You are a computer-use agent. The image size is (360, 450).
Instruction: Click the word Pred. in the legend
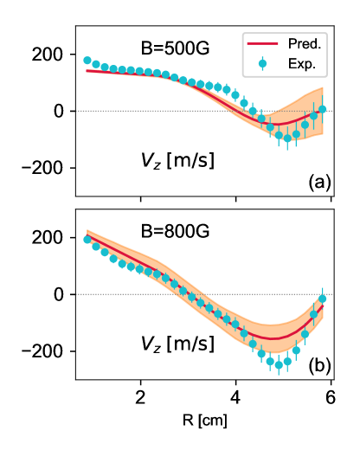tap(305, 43)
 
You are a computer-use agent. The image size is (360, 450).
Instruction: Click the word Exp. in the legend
tap(302, 63)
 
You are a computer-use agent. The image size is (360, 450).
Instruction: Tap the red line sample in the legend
tap(262, 43)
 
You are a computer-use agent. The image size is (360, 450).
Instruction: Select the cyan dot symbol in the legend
tap(262, 63)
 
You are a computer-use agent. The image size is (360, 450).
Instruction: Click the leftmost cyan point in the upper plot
tap(87, 61)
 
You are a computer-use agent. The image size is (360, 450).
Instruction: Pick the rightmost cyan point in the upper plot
tap(322, 110)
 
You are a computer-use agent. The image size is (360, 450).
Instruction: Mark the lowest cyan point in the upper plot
tap(287, 138)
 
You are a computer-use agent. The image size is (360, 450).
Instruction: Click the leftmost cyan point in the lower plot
tap(87, 240)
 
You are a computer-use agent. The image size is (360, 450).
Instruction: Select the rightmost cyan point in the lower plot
tap(322, 299)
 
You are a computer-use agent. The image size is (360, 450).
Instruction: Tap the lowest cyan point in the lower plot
tap(279, 364)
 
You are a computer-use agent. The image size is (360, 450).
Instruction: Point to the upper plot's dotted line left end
tap(77, 111)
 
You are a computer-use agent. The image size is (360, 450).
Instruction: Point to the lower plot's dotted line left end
tap(77, 294)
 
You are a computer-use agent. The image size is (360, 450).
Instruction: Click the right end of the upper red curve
tap(323, 112)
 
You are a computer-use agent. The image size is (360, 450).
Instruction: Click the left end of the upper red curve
tap(87, 71)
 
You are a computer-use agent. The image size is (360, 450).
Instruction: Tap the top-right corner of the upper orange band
tap(323, 87)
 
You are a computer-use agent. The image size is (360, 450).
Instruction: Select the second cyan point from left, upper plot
tap(96, 64)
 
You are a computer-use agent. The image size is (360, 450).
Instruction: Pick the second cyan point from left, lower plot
tap(96, 247)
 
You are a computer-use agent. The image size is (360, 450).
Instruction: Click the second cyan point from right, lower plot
tap(313, 316)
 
